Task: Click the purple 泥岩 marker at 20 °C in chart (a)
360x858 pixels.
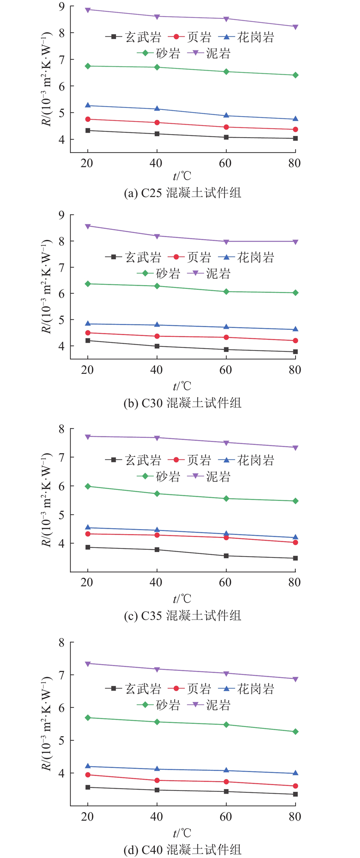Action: click(88, 9)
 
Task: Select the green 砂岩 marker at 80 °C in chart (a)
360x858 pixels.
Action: click(295, 75)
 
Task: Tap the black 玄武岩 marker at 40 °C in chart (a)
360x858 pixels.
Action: click(157, 134)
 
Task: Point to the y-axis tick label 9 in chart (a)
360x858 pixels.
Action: click(61, 7)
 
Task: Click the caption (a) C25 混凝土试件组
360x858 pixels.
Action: click(182, 193)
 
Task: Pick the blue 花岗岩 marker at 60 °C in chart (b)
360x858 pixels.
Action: click(226, 327)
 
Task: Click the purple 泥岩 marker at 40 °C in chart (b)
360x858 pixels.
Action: click(157, 236)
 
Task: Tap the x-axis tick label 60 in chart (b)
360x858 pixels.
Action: click(225, 370)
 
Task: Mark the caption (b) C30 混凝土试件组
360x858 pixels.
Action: click(182, 403)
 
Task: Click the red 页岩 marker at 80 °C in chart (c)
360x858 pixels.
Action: click(295, 543)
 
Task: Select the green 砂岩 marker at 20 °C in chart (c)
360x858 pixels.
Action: click(88, 486)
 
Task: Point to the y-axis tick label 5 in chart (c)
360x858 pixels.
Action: click(61, 515)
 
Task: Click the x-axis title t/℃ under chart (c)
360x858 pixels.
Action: click(182, 599)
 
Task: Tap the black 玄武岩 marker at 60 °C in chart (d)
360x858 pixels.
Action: click(226, 791)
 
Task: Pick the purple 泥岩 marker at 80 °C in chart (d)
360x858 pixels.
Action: click(295, 679)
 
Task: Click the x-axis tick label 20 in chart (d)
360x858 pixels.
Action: click(87, 817)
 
